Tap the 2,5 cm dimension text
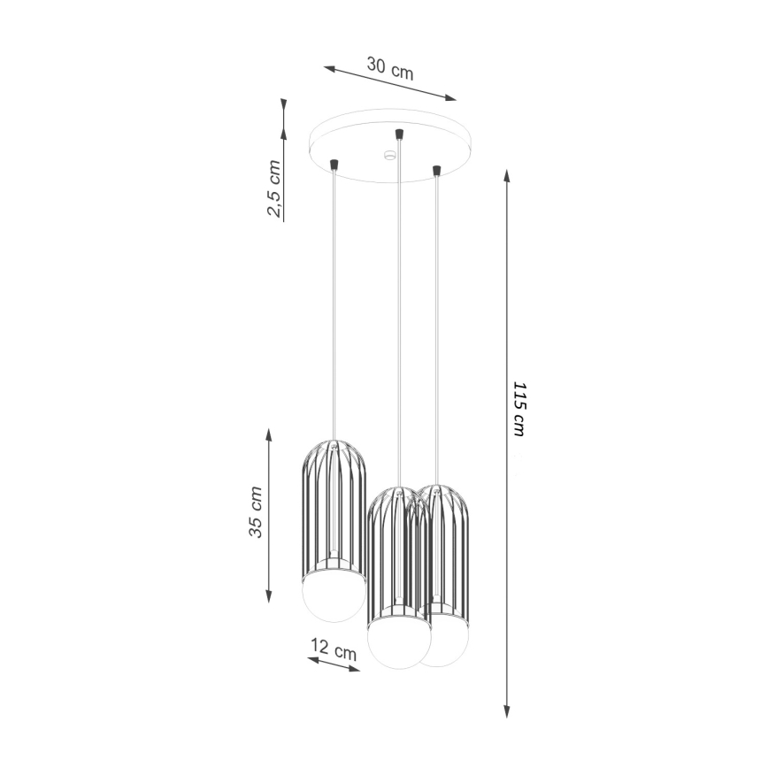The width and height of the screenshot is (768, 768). pos(276,188)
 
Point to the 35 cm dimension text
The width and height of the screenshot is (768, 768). pos(256,513)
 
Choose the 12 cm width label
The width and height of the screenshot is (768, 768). pos(334,650)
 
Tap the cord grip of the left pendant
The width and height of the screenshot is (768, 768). pos(334,164)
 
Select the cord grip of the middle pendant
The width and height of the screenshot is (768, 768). pos(400,134)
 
